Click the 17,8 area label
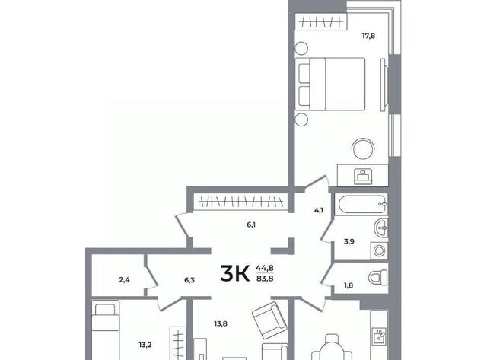coord(368,36)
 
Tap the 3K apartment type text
coord(235,274)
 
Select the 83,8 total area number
coord(265,279)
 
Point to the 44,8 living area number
coord(265,267)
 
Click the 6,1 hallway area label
coord(251,225)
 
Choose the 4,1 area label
coord(319,210)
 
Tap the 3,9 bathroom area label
coord(349,241)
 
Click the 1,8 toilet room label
coord(349,285)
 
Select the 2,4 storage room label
coord(124,280)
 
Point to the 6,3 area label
coord(189,280)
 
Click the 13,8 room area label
coord(221,323)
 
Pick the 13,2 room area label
coord(145,345)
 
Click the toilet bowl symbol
coord(378,277)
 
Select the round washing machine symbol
coord(379,250)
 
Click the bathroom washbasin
coord(381,228)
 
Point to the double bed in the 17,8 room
coord(330,84)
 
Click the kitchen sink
coord(380,336)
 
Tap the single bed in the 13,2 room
coord(106,330)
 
